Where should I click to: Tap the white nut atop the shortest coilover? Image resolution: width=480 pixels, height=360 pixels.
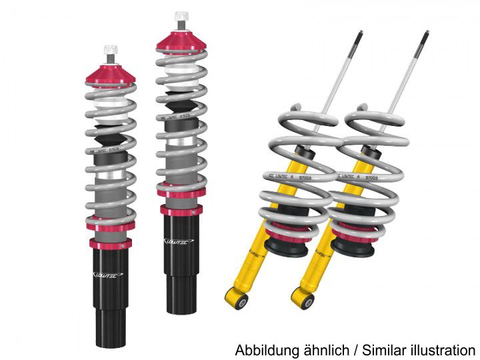click(x=110, y=51)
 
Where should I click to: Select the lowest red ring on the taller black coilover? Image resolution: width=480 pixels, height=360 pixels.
click(x=181, y=211)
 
